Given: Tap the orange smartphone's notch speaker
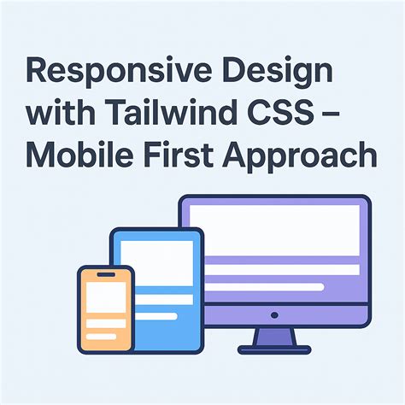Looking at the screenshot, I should tap(105, 274).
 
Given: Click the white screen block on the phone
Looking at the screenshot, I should tap(105, 296).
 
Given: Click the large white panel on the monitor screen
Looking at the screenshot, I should tap(274, 231).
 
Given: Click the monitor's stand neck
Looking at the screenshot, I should tap(274, 336).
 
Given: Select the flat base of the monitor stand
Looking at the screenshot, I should tap(274, 349).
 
